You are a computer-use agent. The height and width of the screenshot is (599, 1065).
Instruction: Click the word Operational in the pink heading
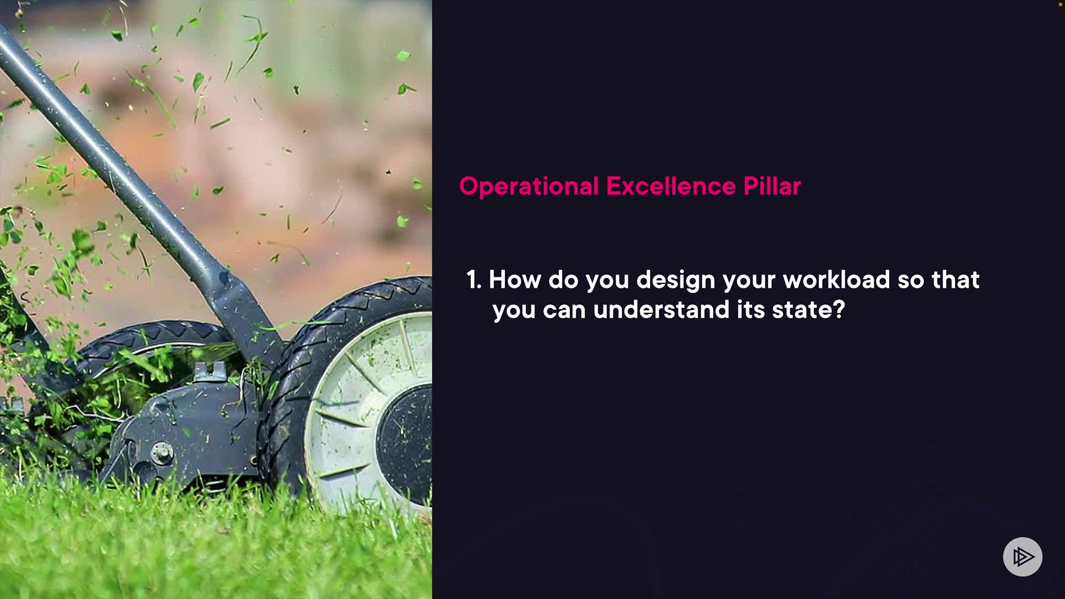pyautogui.click(x=529, y=187)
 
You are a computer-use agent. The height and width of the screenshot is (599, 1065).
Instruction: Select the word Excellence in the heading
pyautogui.click(x=671, y=186)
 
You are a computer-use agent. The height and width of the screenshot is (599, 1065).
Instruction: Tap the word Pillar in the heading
pyautogui.click(x=772, y=186)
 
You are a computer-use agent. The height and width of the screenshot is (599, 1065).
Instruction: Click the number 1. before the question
pyautogui.click(x=474, y=280)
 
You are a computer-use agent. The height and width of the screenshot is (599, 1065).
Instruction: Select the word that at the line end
pyautogui.click(x=956, y=280)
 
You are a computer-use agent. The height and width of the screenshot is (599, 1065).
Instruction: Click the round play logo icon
pyautogui.click(x=1022, y=556)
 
